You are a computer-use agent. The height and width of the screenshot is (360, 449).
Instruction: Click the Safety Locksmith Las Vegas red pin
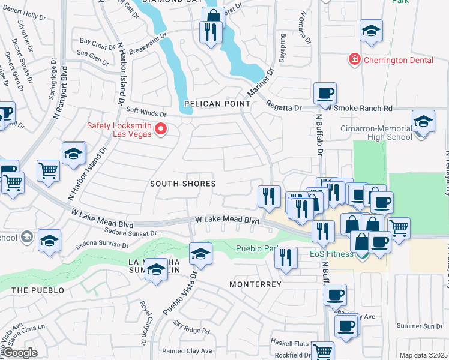coord(160,129)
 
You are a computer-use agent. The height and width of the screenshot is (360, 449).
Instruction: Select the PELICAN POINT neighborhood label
coord(217,104)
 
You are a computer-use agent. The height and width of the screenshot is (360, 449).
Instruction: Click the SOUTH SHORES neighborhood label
coord(182,184)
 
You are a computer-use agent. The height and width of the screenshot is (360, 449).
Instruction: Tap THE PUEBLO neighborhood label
coord(37,290)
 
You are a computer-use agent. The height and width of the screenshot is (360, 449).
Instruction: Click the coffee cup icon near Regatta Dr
coord(325,94)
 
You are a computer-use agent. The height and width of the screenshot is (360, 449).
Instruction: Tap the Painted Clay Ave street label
coord(190,351)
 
